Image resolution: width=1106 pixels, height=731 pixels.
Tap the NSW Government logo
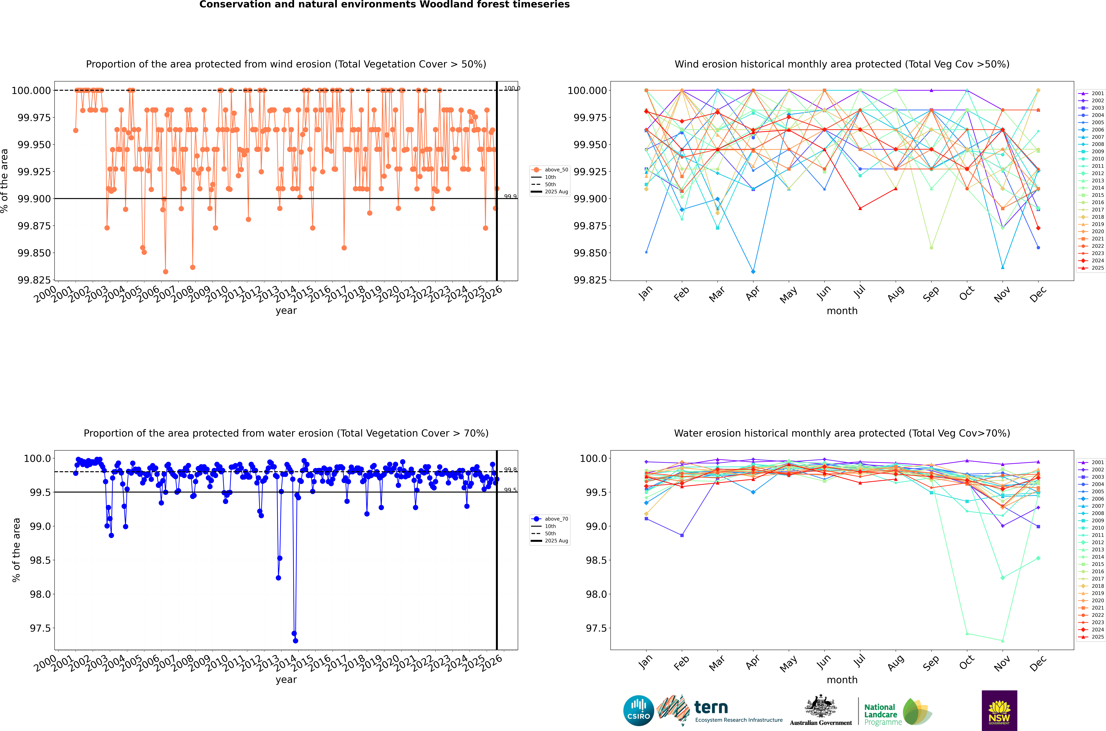coord(999,711)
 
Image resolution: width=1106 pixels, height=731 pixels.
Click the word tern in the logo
coord(711,707)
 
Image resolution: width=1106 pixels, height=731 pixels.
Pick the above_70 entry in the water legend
coord(556,519)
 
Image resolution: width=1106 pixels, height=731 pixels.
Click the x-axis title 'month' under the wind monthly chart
coord(842,311)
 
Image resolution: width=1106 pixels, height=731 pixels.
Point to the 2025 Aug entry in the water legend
coord(556,541)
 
